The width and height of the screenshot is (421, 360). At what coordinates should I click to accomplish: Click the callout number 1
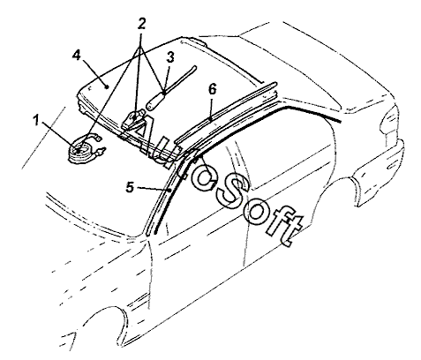point(36,120)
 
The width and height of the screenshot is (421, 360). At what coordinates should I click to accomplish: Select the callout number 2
point(141,24)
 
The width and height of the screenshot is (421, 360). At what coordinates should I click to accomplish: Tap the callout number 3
point(170,57)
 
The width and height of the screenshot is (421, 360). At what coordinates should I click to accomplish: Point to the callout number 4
point(76,55)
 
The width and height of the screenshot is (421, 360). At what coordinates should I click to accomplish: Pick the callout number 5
point(130,187)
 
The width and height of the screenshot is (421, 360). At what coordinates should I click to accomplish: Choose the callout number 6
point(213,89)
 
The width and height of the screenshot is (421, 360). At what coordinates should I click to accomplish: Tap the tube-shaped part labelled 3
point(170,88)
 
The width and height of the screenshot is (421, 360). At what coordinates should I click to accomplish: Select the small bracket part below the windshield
point(133,120)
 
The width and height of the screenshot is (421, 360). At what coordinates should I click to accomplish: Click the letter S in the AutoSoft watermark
point(232,192)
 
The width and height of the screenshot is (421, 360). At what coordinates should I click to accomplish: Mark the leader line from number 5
point(154,189)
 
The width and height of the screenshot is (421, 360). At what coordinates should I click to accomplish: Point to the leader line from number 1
point(60,136)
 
